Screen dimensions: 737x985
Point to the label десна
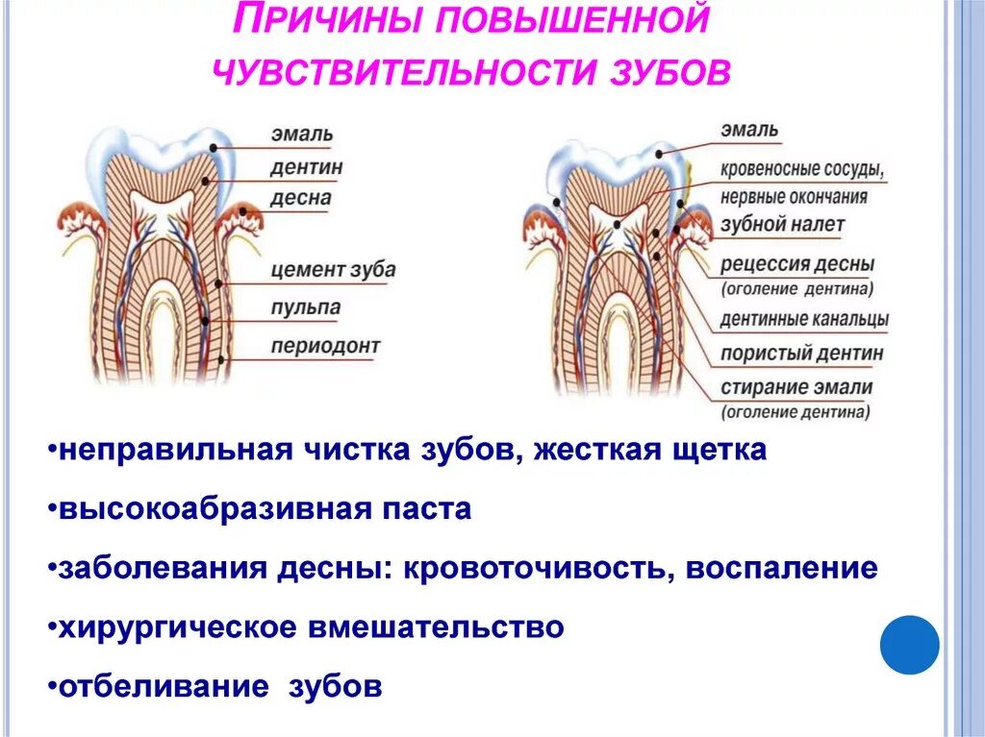pyautogui.click(x=301, y=199)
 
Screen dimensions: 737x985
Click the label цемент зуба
pyautogui.click(x=333, y=269)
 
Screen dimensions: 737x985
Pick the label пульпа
pyautogui.click(x=306, y=308)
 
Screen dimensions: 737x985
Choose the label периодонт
pyautogui.click(x=325, y=346)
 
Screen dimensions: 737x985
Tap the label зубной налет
pyautogui.click(x=782, y=225)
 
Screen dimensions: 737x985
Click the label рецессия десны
pyautogui.click(x=797, y=263)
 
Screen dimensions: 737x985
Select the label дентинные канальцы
pyautogui.click(x=804, y=319)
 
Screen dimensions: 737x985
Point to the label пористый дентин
pyautogui.click(x=801, y=353)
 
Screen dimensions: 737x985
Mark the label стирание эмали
pyautogui.click(x=796, y=388)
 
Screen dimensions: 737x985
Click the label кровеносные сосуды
pyautogui.click(x=802, y=170)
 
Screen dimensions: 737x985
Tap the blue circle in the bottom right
pyautogui.click(x=910, y=646)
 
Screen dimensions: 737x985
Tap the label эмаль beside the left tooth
pyautogui.click(x=302, y=135)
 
